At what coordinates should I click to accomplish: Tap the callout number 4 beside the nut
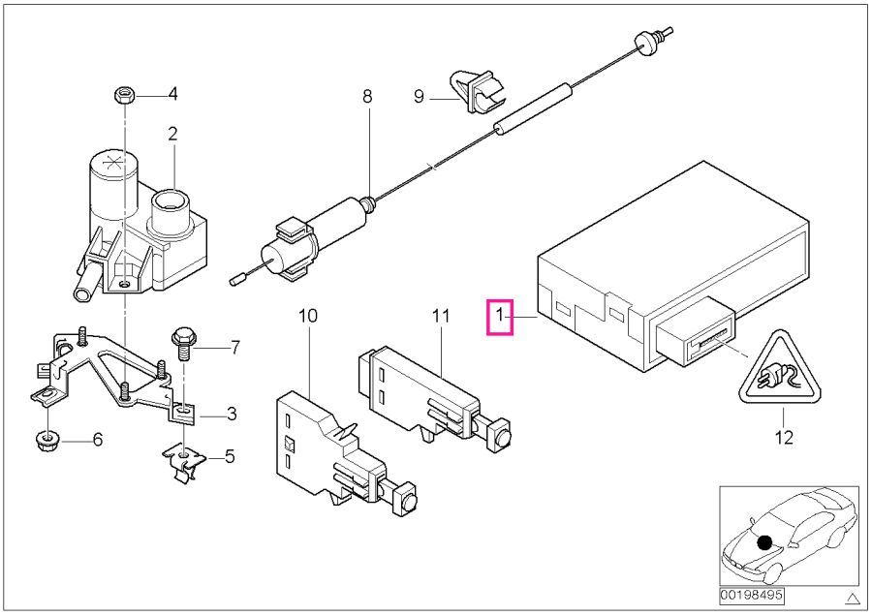click(172, 94)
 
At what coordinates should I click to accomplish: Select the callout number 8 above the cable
click(367, 96)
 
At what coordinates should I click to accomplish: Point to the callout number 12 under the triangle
click(783, 438)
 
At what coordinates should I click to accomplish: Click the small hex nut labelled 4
click(124, 95)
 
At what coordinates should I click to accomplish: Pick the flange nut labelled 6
click(45, 442)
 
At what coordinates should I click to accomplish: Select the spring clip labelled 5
click(183, 458)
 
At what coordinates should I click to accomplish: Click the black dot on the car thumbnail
click(764, 542)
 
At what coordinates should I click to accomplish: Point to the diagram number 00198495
click(751, 594)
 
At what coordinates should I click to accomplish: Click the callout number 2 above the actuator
click(172, 133)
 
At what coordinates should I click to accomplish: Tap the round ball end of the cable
click(641, 40)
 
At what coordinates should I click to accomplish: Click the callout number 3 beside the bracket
click(232, 415)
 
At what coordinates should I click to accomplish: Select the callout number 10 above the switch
click(308, 315)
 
